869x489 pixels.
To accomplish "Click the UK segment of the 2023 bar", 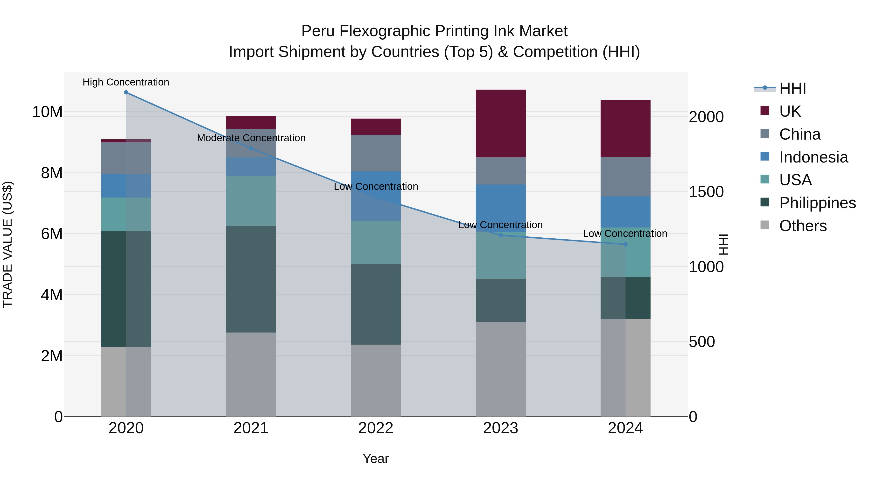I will pyautogui.click(x=500, y=123).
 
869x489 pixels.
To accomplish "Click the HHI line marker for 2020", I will pyautogui.click(x=126, y=92).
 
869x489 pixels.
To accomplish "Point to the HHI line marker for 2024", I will pyautogui.click(x=625, y=244).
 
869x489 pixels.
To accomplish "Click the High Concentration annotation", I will pyautogui.click(x=126, y=82).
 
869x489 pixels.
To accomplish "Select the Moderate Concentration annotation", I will pyautogui.click(x=251, y=138).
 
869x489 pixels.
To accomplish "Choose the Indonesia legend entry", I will pyautogui.click(x=813, y=157).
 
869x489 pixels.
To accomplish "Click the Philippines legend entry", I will pyautogui.click(x=817, y=203).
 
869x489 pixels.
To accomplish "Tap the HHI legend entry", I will pyautogui.click(x=792, y=88).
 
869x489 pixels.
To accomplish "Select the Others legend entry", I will pyautogui.click(x=803, y=226).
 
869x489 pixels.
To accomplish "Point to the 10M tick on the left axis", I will pyautogui.click(x=47, y=112).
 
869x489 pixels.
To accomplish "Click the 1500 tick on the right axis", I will pyautogui.click(x=706, y=192).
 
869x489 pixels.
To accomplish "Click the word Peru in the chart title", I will pyautogui.click(x=317, y=31).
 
